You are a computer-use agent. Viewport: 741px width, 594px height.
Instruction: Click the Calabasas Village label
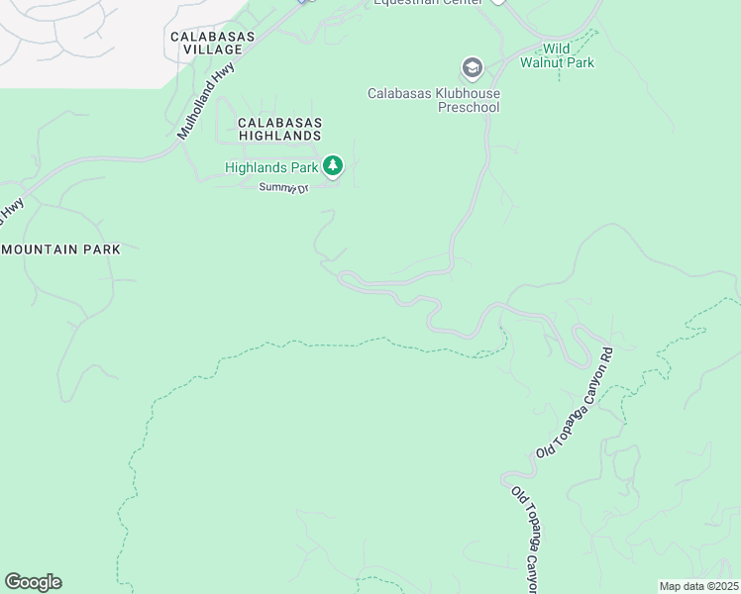212,43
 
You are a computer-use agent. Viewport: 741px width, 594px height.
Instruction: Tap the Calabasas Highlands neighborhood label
279,129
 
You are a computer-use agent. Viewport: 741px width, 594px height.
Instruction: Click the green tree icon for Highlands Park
334,165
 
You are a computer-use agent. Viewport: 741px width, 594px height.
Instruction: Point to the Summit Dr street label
284,187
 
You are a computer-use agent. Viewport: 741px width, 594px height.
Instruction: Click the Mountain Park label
61,249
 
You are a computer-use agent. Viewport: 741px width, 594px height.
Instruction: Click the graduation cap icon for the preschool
472,68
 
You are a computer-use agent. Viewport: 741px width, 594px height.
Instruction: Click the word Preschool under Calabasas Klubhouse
470,108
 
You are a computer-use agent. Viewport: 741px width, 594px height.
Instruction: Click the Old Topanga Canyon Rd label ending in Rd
576,402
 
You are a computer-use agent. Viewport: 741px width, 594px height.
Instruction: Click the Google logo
33,582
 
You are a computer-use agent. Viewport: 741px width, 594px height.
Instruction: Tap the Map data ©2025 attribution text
698,586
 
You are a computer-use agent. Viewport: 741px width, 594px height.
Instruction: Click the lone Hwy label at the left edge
12,207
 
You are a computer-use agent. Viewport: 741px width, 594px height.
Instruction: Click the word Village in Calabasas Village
212,49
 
